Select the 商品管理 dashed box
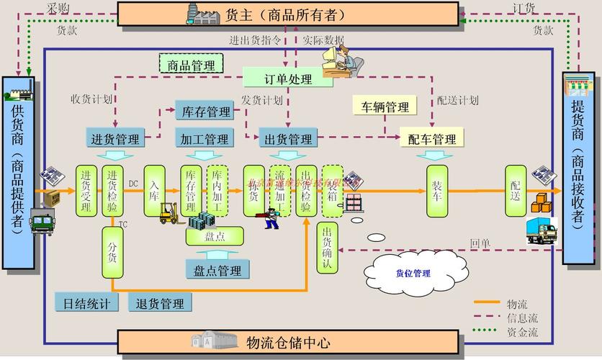191,65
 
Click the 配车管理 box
431,138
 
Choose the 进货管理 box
115,138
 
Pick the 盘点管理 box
217,270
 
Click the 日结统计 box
86,303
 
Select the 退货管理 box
160,303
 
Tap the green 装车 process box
436,191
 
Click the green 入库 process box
155,191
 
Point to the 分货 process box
113,253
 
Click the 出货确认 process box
327,248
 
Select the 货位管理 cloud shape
411,273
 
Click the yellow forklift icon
169,212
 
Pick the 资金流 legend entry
521,331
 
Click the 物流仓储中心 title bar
288,341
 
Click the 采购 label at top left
58,8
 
